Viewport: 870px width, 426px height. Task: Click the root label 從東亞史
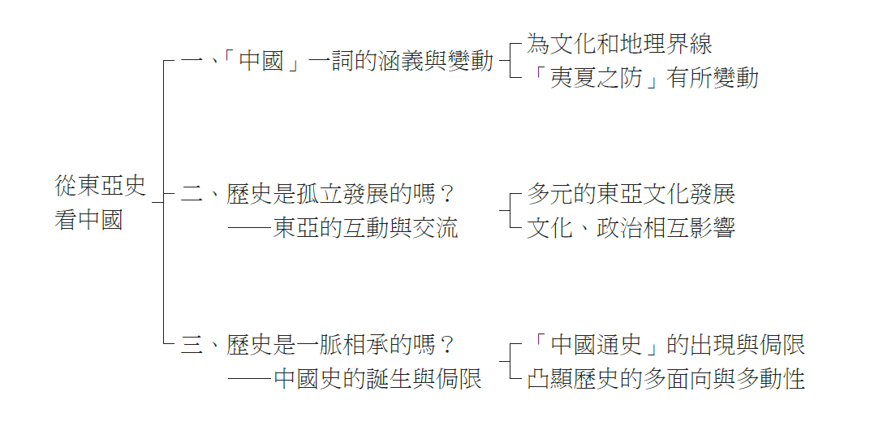101,186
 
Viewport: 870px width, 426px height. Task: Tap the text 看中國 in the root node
89,219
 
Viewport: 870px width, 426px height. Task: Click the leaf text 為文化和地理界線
619,44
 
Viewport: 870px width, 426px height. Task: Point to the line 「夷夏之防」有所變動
642,78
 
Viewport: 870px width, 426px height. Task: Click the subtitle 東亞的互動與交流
366,228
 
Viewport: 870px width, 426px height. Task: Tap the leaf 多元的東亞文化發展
631,194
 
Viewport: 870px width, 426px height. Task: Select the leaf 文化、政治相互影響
631,228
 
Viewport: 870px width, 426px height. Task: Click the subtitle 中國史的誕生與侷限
377,378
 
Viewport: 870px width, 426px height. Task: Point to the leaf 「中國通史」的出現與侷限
665,345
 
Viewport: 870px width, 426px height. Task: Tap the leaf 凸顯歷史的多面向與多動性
665,378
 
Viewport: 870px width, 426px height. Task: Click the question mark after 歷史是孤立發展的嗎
444,195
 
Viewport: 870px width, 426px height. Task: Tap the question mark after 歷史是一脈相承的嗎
444,345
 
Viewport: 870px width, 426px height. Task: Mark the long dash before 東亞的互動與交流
249,228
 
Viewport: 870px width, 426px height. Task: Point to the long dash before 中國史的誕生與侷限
249,378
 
